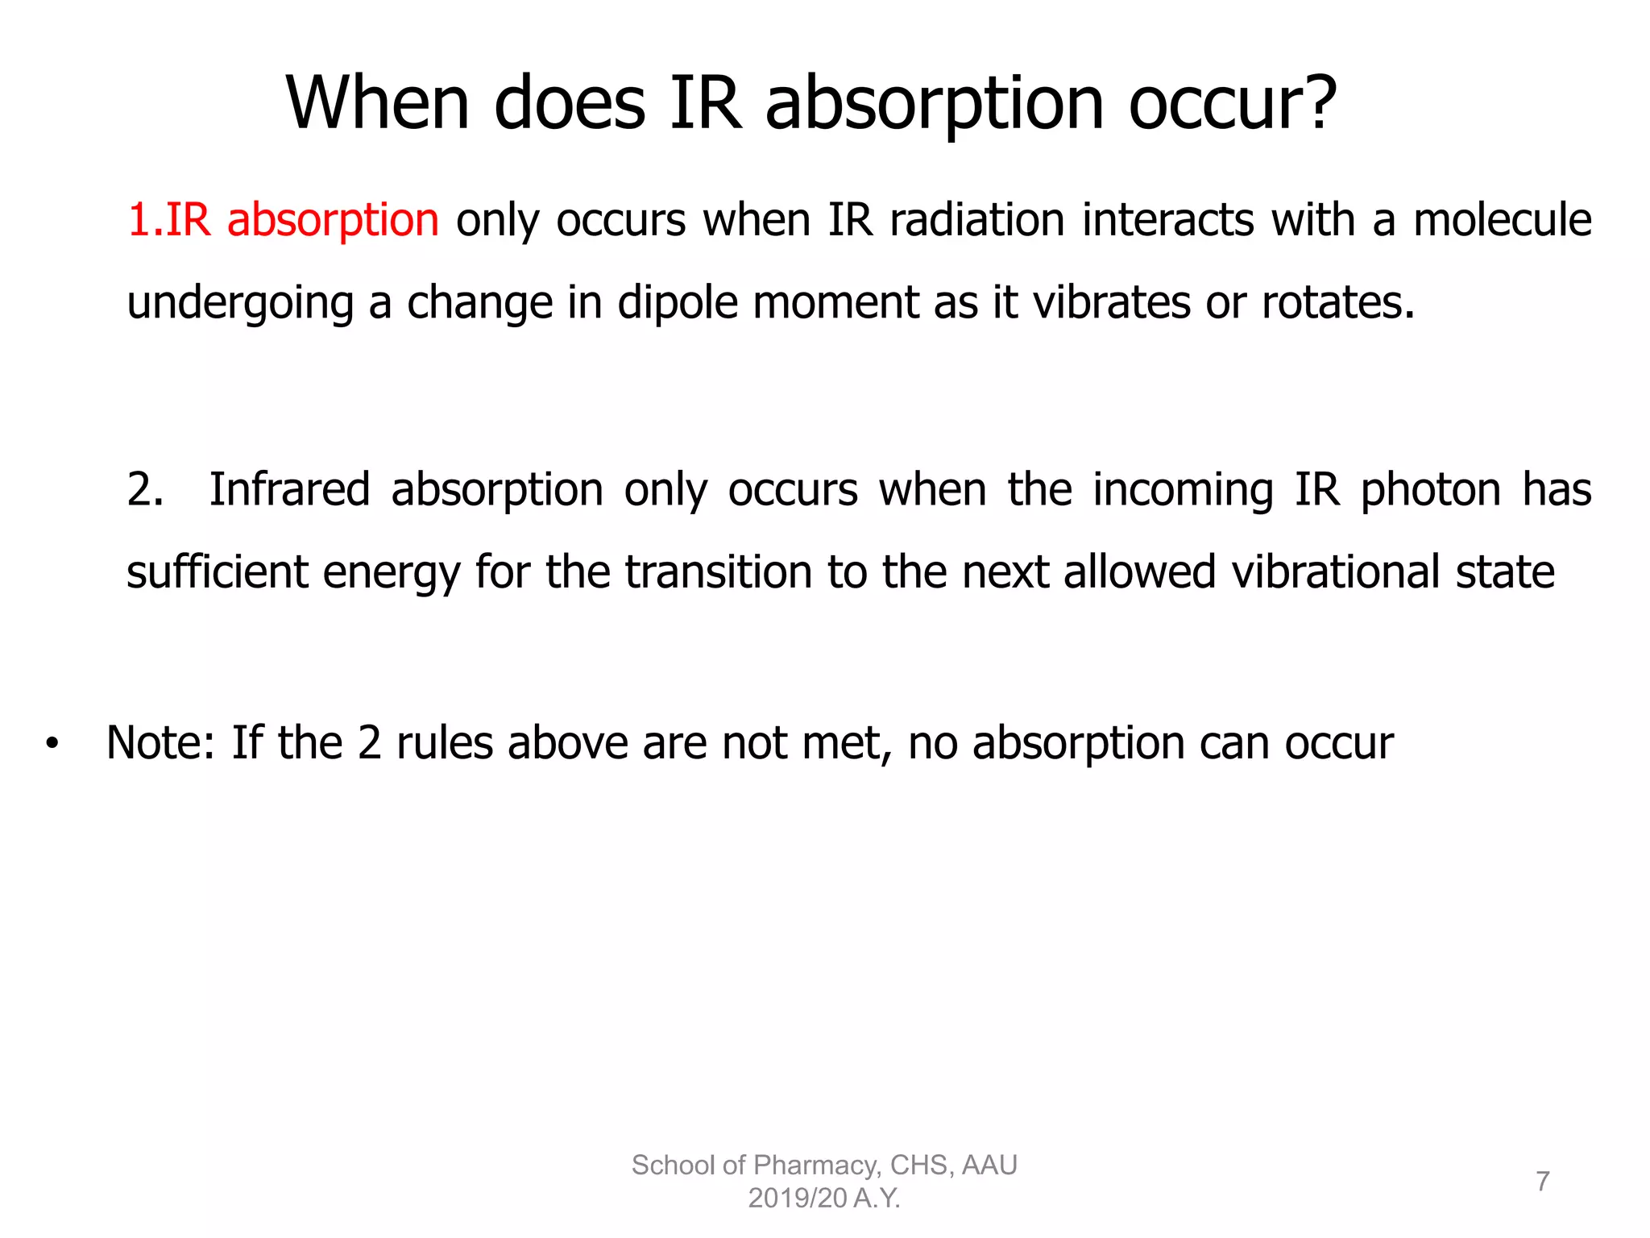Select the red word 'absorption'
click(333, 221)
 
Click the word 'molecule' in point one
click(1503, 219)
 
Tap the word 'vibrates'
click(1111, 303)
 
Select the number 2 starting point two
click(143, 489)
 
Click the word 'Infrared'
click(289, 489)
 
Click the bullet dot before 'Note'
click(52, 744)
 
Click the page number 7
click(1542, 1181)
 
